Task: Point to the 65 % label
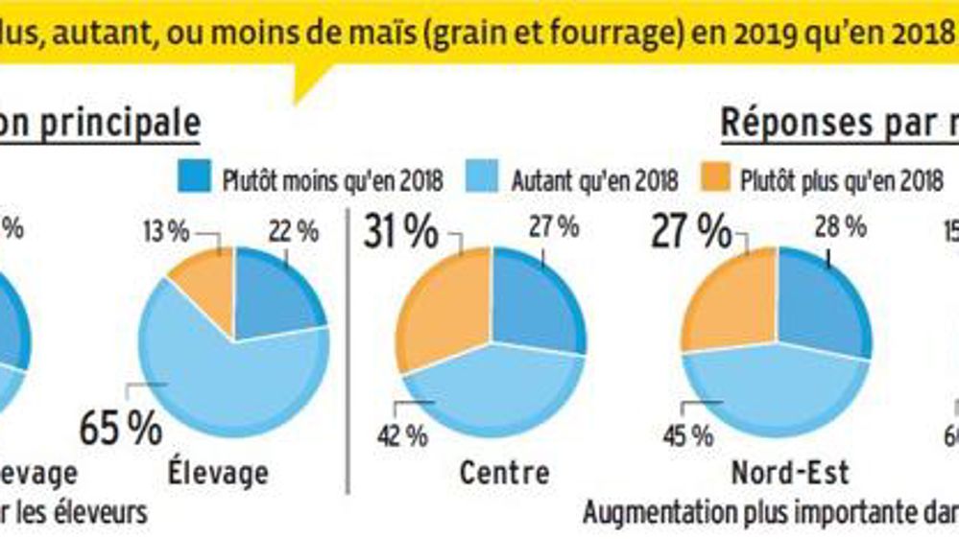(120, 429)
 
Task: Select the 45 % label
(687, 436)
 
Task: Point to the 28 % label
(840, 227)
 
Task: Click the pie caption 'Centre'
(504, 473)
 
